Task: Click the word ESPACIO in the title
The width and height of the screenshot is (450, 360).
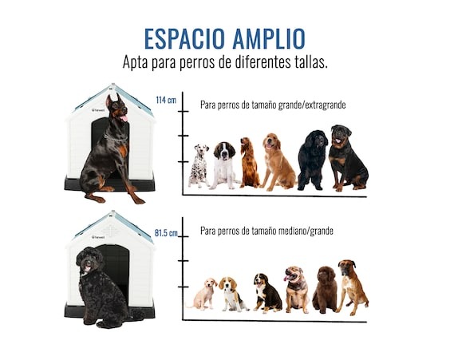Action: (x=184, y=38)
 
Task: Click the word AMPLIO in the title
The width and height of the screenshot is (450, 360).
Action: (x=269, y=38)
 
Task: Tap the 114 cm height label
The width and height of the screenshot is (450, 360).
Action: (x=166, y=101)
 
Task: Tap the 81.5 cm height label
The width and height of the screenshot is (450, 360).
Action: (x=166, y=233)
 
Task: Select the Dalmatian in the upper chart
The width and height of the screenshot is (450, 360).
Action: (x=199, y=166)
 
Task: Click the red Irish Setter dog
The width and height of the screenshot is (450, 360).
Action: (x=249, y=162)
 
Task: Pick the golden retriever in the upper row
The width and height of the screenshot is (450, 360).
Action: (x=277, y=162)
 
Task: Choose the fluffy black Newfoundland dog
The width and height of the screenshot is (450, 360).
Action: (x=313, y=160)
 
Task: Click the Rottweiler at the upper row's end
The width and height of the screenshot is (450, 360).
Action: (x=348, y=158)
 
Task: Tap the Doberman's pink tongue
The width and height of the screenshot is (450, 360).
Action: (x=124, y=118)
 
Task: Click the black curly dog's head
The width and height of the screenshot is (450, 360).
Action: (x=89, y=259)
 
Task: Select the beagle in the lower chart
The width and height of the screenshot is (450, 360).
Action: (x=232, y=295)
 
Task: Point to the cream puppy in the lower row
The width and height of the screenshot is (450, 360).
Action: (x=203, y=294)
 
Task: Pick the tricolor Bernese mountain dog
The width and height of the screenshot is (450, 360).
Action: (x=267, y=293)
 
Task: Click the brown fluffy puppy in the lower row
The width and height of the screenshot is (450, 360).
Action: (x=325, y=290)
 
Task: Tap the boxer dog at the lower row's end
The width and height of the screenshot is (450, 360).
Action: (x=352, y=287)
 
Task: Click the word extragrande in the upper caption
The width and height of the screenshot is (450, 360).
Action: (x=326, y=105)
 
